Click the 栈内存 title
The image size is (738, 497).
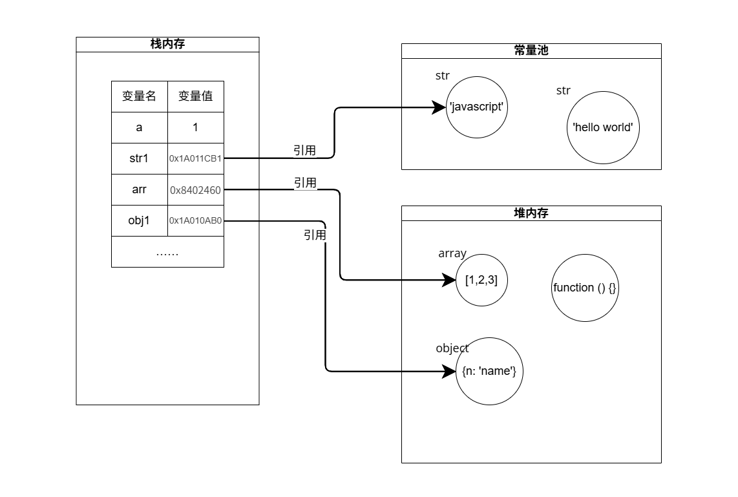[167, 44]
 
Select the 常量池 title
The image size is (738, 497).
[531, 50]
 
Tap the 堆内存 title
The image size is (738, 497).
[531, 213]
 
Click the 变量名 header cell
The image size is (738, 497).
[140, 96]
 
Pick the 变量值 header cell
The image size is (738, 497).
[196, 96]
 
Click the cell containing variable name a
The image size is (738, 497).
[140, 127]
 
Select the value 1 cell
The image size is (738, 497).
[196, 127]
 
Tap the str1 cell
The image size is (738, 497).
[140, 158]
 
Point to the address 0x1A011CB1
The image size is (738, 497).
[196, 158]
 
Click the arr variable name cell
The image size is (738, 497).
[140, 189]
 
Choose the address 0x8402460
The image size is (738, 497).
[196, 190]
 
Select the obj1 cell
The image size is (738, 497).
[140, 220]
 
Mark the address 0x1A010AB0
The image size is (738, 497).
[196, 220]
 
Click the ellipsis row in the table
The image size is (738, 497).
[167, 251]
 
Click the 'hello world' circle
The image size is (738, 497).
[603, 127]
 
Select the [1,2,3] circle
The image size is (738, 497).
[481, 280]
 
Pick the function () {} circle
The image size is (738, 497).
[585, 288]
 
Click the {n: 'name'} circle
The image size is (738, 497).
[489, 371]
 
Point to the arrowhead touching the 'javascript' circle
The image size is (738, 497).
[439, 108]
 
